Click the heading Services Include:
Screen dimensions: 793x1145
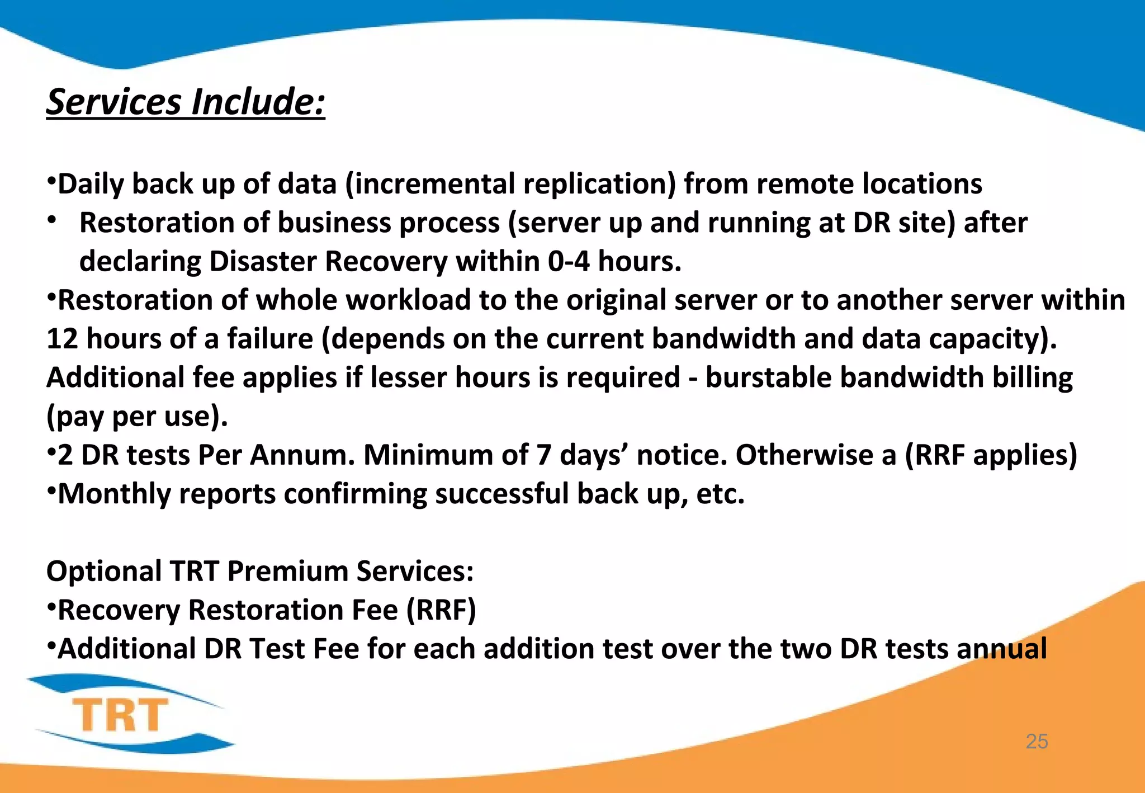185,102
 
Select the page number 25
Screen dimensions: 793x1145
1037,742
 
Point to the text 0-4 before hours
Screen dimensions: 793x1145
568,261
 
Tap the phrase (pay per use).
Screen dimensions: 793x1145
137,417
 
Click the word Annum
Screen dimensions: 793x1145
302,455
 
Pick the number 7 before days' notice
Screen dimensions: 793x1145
543,455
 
